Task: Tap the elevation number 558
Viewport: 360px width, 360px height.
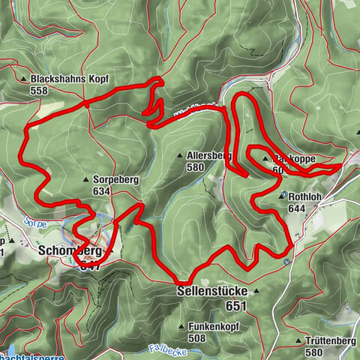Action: tap(39, 91)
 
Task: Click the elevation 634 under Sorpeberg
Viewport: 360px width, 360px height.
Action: tap(102, 192)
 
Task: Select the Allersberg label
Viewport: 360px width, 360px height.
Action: tap(208, 155)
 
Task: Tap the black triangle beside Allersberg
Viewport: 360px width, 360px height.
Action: tap(179, 155)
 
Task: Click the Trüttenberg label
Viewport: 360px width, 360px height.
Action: tap(331, 341)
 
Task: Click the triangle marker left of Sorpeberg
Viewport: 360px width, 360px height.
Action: tap(88, 180)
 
